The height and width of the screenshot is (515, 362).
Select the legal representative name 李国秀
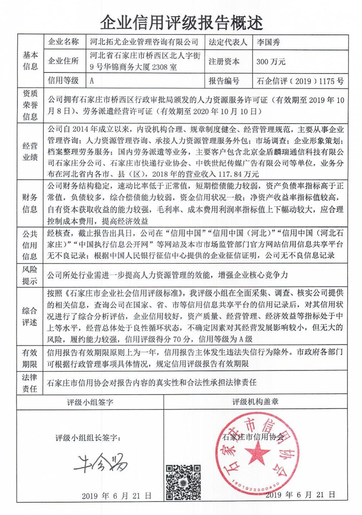[x=269, y=43]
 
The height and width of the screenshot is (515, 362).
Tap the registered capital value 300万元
[x=271, y=62]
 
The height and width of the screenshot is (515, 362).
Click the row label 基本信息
[x=30, y=62]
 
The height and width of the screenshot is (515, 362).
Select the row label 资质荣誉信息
[x=30, y=105]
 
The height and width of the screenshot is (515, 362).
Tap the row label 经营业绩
[x=30, y=152]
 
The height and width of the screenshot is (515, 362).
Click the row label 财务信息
[x=30, y=203]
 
